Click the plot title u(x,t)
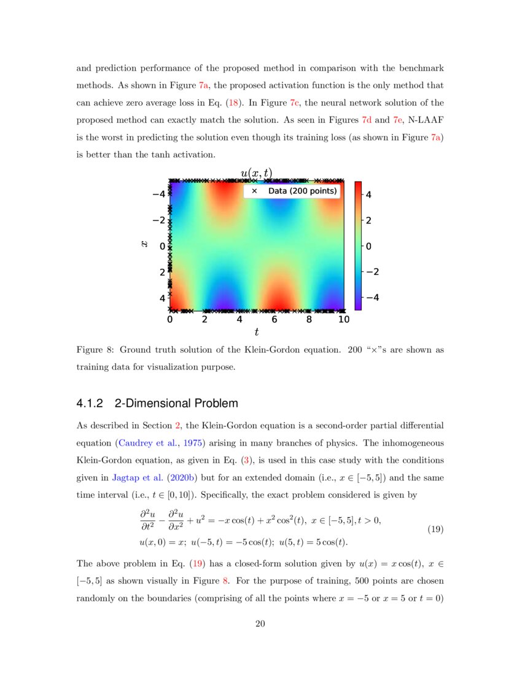256,174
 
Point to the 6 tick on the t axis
275,320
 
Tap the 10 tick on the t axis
344,320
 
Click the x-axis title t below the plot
256,333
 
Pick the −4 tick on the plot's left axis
158,195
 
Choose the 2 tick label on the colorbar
370,221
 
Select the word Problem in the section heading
215,404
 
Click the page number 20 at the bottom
260,625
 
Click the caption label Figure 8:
95,350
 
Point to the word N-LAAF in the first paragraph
427,120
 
